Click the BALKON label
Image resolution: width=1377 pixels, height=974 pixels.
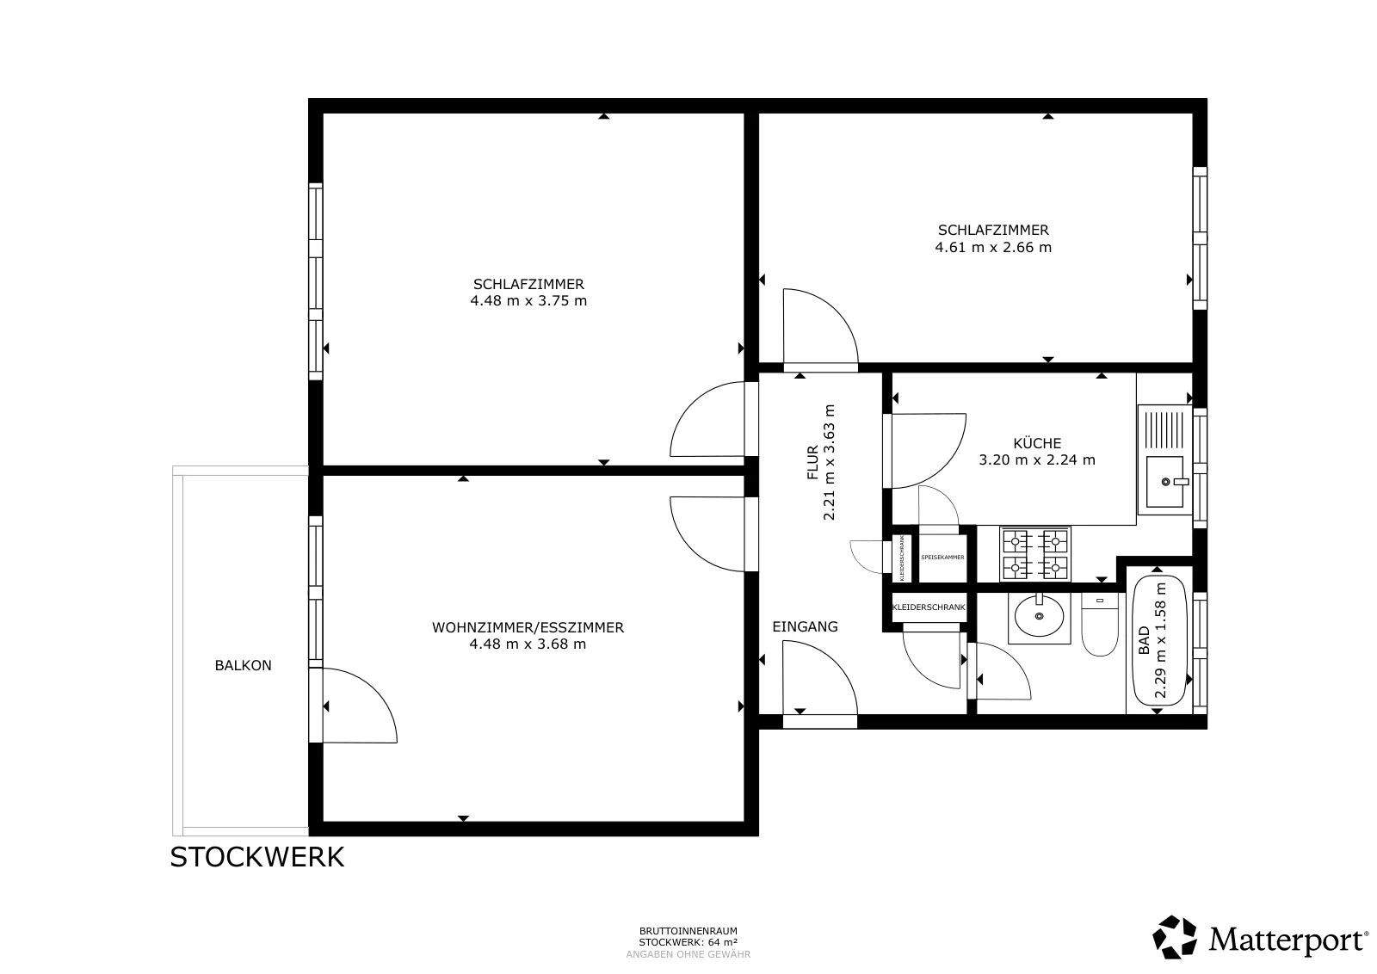coord(243,665)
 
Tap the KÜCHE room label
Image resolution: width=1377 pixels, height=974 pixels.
coord(1037,443)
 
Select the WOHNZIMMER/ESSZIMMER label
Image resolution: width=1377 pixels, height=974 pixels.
coord(528,627)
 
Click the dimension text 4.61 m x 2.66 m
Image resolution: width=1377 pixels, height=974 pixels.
coord(993,247)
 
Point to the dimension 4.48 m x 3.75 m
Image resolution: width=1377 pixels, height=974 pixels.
coord(528,300)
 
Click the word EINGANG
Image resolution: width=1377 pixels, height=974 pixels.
coord(805,626)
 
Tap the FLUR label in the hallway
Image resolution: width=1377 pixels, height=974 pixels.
coord(812,462)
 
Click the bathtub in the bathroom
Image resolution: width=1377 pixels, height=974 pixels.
coord(1159,640)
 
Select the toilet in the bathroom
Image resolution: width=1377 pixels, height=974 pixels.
coord(1100,625)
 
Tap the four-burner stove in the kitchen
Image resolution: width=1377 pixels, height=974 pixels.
coord(1035,554)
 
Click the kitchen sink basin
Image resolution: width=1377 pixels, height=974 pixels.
coord(1165,482)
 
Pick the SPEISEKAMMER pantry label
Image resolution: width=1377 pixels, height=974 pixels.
coord(942,558)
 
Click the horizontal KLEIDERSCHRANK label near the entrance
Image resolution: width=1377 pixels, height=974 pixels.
coord(929,607)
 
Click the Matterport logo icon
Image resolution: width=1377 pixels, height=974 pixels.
coord(1174,937)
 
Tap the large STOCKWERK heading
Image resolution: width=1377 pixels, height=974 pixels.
coord(257,857)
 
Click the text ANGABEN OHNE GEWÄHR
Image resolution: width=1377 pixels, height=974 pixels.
coord(688,954)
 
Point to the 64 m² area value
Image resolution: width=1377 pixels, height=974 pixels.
coord(723,942)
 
